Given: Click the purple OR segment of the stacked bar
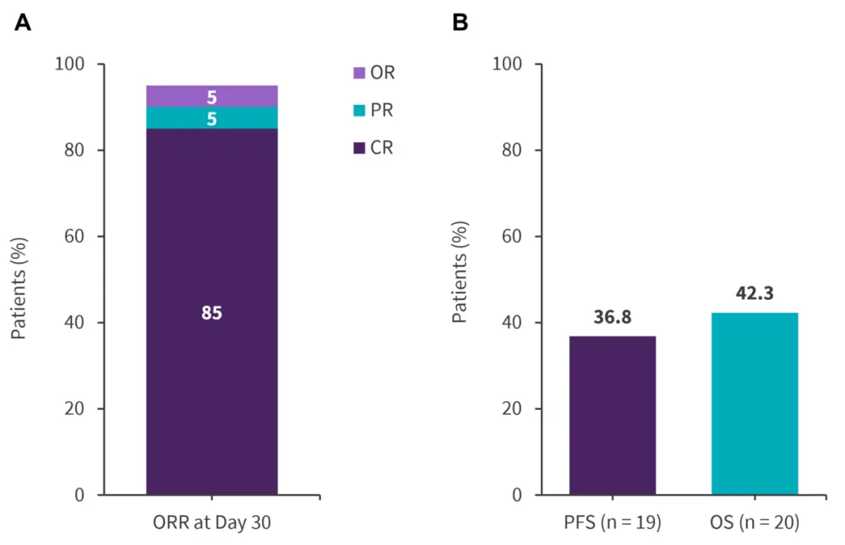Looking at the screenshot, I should point(211,96).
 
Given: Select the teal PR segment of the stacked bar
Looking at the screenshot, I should point(211,118).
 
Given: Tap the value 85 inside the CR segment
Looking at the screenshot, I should point(211,313).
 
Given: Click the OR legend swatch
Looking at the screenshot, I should point(359,74).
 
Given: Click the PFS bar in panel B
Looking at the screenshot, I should point(612,415).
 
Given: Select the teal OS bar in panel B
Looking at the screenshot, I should point(755,403).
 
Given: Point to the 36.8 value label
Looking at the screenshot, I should point(612,318).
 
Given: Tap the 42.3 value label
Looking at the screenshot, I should point(755,294).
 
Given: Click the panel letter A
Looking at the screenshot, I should point(23,23).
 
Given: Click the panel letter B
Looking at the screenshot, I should point(461,23).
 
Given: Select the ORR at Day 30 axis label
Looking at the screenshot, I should point(211,523).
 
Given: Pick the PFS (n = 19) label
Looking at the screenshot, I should point(612,523).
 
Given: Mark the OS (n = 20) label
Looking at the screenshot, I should point(755,523).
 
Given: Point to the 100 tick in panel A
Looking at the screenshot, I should point(70,64).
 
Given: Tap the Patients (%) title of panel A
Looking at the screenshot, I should point(19,279).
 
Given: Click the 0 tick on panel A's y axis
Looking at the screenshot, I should point(79,494).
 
